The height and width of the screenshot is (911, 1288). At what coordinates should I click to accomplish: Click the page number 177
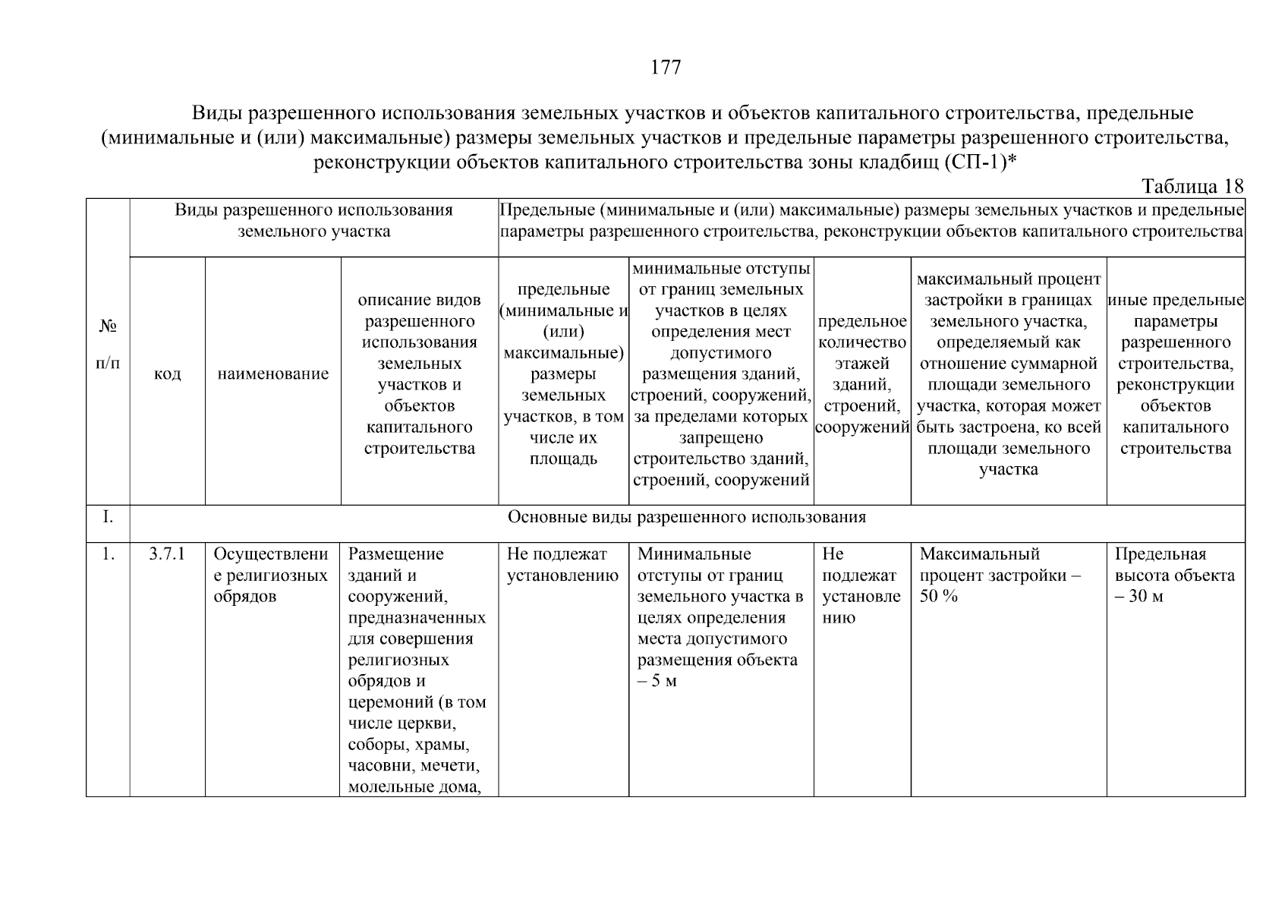coord(666,68)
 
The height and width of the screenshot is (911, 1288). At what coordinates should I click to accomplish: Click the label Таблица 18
coord(1192,186)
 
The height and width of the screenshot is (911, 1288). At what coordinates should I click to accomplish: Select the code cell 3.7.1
coord(167,554)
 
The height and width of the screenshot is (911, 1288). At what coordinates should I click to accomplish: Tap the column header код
coord(167,374)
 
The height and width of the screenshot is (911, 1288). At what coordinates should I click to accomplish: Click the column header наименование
coord(272,374)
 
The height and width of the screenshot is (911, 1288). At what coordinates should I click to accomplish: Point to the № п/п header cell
coord(108,344)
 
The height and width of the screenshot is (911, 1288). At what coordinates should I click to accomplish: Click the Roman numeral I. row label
coord(108,518)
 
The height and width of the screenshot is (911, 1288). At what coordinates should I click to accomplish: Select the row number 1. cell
coord(108,554)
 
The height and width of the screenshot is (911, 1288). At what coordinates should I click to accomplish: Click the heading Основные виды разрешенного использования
coord(686,518)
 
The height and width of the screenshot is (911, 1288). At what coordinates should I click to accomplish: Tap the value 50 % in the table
coord(938,597)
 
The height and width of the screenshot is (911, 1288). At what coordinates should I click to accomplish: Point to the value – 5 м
coord(657,681)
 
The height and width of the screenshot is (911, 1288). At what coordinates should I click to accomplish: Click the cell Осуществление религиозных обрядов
coord(271,575)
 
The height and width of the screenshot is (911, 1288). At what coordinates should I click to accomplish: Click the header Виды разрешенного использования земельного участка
coord(313,221)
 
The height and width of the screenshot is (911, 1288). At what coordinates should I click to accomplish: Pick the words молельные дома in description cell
coord(414,786)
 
